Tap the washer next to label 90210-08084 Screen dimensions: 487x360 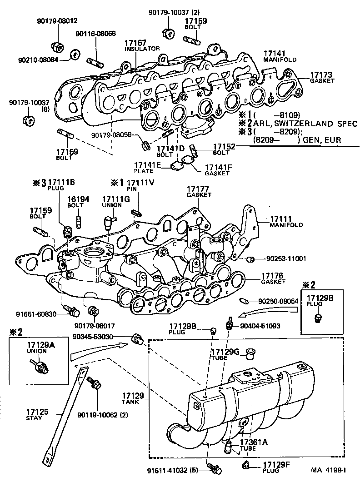click(x=75, y=56)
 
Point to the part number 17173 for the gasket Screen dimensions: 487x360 click(x=321, y=75)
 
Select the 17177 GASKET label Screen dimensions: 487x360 click(x=199, y=191)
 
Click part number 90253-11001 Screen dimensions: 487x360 click(x=285, y=258)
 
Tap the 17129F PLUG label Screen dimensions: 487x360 click(x=275, y=466)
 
